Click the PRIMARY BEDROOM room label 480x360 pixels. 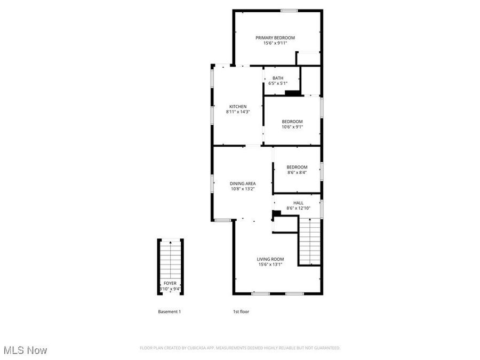[x=275, y=37]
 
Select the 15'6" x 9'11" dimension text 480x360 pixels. [x=275, y=43]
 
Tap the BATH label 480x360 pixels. [x=277, y=78]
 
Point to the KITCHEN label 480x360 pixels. [x=238, y=106]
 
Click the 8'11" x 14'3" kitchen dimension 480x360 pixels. [x=238, y=112]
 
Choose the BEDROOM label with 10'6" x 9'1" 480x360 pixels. [x=292, y=121]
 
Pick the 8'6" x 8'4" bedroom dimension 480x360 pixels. [x=297, y=172]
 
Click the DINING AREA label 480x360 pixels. [x=243, y=183]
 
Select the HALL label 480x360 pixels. [x=298, y=203]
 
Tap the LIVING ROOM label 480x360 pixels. [x=270, y=259]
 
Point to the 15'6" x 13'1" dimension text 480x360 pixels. [x=270, y=265]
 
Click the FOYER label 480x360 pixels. [x=170, y=283]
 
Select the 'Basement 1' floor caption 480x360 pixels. [x=169, y=311]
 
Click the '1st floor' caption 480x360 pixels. [x=241, y=311]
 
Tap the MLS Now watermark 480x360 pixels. [x=25, y=350]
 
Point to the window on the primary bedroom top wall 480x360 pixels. [x=289, y=10]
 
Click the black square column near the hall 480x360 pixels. [x=276, y=214]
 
